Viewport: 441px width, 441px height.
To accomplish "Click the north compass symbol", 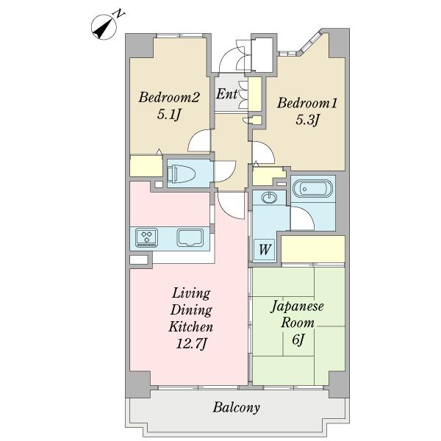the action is (x=104, y=27).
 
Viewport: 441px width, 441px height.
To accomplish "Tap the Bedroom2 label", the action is (x=169, y=97).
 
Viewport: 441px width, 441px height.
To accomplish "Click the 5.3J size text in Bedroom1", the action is (x=307, y=121).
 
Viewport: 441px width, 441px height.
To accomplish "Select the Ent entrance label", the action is (x=226, y=93).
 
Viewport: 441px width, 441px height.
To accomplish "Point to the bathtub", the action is (x=312, y=188).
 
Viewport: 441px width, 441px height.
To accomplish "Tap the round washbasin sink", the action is (x=269, y=198).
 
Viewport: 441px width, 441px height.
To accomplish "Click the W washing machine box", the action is (x=265, y=249).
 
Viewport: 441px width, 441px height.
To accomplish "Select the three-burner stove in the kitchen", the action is (x=146, y=237).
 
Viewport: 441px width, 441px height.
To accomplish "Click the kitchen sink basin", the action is (x=190, y=237).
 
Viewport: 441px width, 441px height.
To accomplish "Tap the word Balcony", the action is (x=236, y=407).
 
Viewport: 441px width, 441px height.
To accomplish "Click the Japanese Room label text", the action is (x=298, y=314).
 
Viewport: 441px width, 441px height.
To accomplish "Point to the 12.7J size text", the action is (x=191, y=343).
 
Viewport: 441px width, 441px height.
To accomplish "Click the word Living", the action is (x=191, y=293).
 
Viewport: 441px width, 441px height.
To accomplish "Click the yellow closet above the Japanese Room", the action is (x=313, y=249).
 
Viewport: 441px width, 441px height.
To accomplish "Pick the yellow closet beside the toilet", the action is (x=146, y=165).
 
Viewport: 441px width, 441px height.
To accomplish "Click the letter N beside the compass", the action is (x=119, y=13).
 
